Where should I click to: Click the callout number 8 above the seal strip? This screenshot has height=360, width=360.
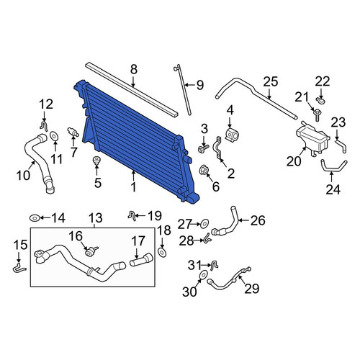(x=134, y=70)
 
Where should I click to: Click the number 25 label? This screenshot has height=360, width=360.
(x=271, y=81)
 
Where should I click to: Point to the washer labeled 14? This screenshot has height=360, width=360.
(x=35, y=218)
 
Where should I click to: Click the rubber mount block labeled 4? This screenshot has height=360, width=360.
(x=233, y=135)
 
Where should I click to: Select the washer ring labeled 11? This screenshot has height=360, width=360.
(x=54, y=137)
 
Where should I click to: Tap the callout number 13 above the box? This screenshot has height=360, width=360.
(x=96, y=218)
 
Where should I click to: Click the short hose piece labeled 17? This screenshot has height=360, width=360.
(x=141, y=260)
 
